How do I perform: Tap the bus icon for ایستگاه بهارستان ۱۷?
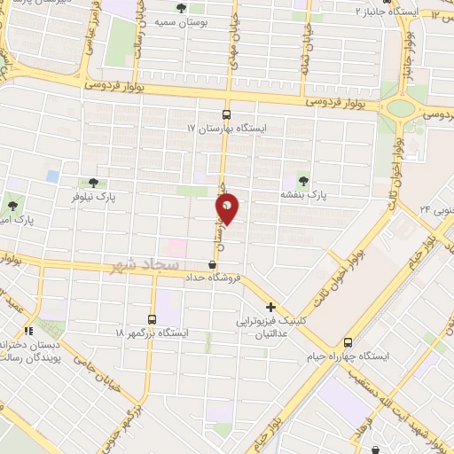(x=226, y=114)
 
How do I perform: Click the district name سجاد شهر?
(x=143, y=265)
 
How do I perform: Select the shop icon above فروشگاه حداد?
(x=212, y=264)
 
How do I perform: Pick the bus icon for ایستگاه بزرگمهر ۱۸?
(x=152, y=319)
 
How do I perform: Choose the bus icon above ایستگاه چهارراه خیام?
(x=348, y=342)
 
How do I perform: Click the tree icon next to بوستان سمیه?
(x=182, y=8)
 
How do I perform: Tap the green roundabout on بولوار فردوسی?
(x=400, y=109)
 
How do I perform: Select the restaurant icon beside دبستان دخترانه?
(x=27, y=319)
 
